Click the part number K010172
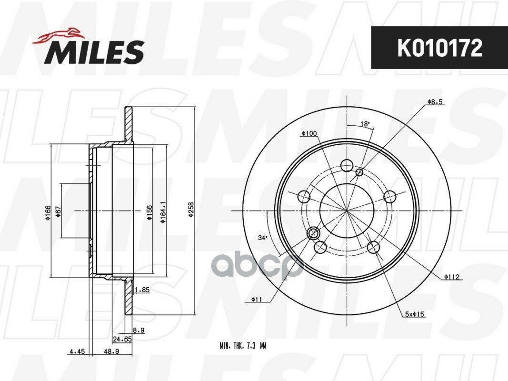[x=439, y=48]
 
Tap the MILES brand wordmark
[x=96, y=52]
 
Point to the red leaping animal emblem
[x=58, y=35]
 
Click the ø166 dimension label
[x=48, y=212]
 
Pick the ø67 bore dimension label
[x=59, y=211]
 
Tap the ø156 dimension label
[x=149, y=212]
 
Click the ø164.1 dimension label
[x=163, y=212]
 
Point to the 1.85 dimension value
[x=142, y=290]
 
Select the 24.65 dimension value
[x=122, y=339]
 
